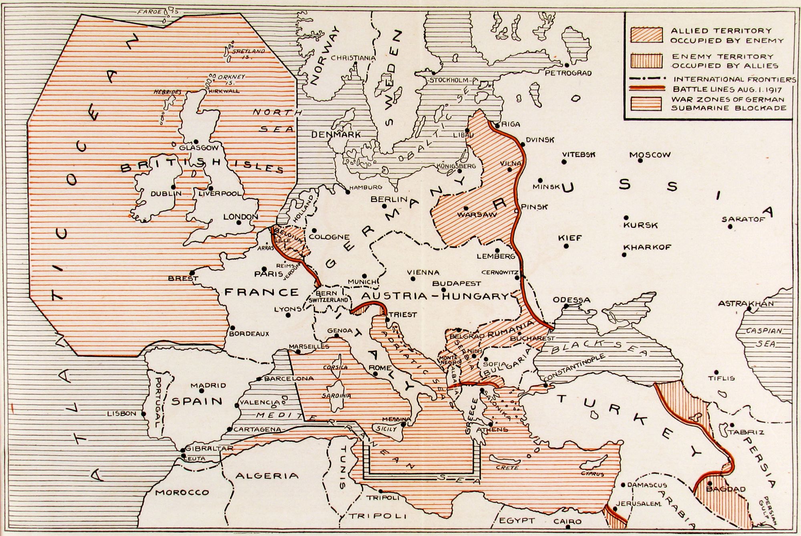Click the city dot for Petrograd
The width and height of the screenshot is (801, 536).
[567, 65]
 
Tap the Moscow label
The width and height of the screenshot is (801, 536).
[650, 155]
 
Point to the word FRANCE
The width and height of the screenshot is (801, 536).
[262, 292]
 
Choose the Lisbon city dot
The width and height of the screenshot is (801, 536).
[144, 414]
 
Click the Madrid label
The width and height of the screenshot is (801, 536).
[208, 386]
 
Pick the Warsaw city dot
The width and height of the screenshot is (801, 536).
[466, 208]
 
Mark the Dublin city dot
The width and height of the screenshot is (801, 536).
[173, 187]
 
